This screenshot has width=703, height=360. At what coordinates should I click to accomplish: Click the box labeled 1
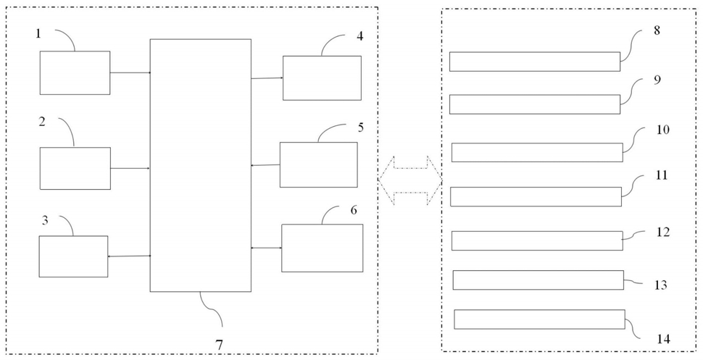75,72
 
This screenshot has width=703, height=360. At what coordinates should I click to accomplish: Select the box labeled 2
75,168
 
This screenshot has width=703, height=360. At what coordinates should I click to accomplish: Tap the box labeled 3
73,256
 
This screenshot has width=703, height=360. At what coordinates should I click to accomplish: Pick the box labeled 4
322,78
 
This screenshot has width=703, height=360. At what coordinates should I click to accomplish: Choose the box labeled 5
319,164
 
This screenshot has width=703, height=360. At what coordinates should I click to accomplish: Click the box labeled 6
323,248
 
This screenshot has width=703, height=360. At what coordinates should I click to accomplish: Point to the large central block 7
201,165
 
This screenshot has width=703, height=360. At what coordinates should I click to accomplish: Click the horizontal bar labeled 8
535,62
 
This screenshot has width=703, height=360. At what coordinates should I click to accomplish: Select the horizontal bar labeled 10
537,152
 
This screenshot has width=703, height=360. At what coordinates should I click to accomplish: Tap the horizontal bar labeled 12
537,240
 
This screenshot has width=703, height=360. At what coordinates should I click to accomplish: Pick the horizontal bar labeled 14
540,319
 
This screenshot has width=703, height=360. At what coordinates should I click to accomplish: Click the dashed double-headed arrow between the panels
410,180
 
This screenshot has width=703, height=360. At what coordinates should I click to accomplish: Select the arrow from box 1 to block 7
130,72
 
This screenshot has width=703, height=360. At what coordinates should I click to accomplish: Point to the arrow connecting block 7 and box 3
129,256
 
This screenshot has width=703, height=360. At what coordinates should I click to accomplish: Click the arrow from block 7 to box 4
267,78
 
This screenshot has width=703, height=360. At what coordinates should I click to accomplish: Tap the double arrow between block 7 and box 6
266,248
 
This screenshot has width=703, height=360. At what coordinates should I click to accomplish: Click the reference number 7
219,345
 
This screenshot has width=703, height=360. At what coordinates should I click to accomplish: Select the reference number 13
661,285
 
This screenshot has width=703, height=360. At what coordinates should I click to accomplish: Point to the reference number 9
658,80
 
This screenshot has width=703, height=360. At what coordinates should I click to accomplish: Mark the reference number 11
662,175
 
